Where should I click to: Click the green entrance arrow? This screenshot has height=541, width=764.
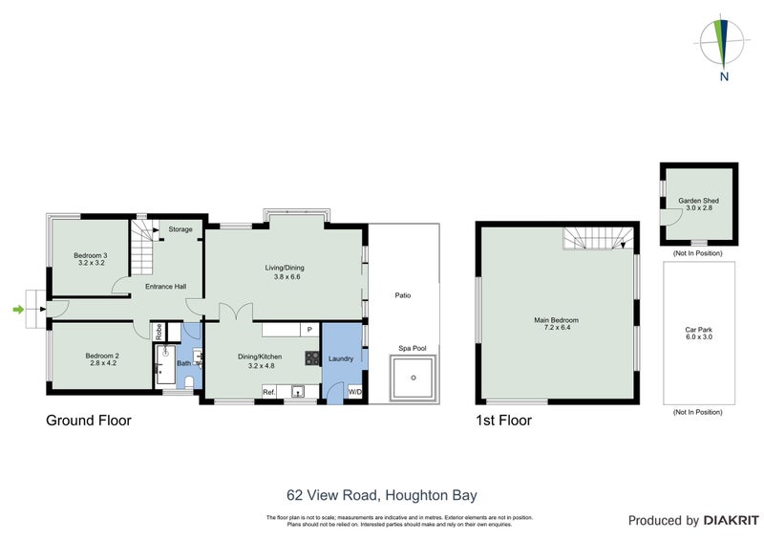coord(17,309)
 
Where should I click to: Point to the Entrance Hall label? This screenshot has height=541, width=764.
coord(165,286)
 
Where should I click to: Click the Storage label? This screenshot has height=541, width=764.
coord(180,229)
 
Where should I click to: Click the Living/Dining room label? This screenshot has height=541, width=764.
coord(283,272)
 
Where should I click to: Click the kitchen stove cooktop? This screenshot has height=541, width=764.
coord(311,358)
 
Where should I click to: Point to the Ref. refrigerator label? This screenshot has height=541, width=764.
coord(269,392)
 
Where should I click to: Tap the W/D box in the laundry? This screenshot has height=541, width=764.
coord(354,392)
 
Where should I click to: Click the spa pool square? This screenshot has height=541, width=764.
coord(413,378)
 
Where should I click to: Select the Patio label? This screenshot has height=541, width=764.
coord(403,295)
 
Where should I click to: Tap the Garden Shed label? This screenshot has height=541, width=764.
coord(696,204)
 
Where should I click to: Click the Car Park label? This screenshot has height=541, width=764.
coord(699,333)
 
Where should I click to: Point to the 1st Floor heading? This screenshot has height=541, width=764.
coord(503,420)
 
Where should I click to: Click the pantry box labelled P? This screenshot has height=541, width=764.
coord(308,330)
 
